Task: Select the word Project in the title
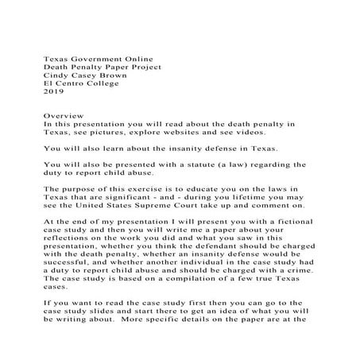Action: pyautogui.click(x=143, y=68)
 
